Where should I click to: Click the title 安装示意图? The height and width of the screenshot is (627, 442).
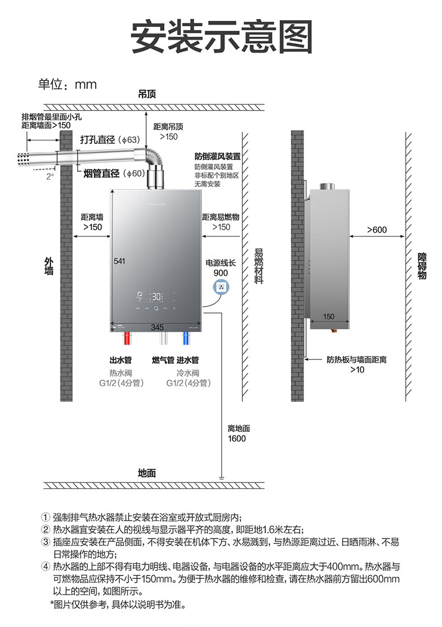(x=221, y=37)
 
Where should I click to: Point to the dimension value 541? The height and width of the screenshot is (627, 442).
(x=119, y=261)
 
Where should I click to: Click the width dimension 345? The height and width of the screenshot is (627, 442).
(x=157, y=326)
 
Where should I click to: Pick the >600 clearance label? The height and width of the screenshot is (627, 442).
(x=377, y=229)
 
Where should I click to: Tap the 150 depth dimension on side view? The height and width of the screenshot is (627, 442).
(x=328, y=317)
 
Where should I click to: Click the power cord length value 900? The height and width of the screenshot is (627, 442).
(x=220, y=272)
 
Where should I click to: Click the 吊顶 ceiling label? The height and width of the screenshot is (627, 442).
(x=147, y=94)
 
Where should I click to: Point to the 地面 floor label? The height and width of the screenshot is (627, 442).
(x=147, y=473)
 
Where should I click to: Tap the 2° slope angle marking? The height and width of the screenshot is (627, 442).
(x=50, y=176)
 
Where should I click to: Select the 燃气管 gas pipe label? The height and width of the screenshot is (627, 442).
(x=163, y=360)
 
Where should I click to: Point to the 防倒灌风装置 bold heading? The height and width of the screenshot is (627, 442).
(x=218, y=156)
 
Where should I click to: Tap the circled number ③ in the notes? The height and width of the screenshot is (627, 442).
(x=46, y=542)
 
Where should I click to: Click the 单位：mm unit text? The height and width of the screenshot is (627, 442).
(x=67, y=84)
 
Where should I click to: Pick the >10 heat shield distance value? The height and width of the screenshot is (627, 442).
(x=356, y=369)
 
